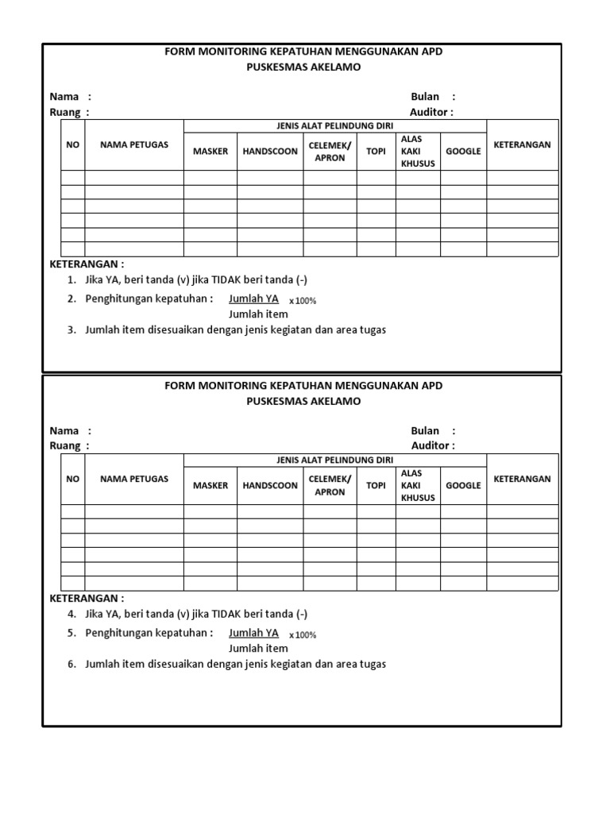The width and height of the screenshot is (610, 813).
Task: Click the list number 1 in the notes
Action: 71,280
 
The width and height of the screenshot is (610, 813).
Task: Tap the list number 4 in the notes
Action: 71,615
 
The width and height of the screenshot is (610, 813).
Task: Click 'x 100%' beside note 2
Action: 302,301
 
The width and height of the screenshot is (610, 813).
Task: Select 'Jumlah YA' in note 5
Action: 253,633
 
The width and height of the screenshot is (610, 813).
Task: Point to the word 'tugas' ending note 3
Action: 371,329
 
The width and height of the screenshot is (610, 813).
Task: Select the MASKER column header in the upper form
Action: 210,151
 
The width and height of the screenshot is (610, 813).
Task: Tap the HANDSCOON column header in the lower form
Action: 270,485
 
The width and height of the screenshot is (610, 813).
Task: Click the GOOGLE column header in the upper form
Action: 463,151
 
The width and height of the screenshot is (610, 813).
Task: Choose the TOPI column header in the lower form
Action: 376,485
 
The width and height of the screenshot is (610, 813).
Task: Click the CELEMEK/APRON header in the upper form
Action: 330,151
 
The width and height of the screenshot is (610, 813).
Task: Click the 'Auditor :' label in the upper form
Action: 431,112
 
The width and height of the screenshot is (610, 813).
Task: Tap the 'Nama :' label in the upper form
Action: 70,97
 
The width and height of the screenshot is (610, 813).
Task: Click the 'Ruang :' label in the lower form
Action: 69,445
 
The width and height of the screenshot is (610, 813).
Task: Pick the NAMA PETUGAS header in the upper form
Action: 134,144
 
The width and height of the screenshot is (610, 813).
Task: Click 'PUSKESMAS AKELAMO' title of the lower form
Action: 303,401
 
